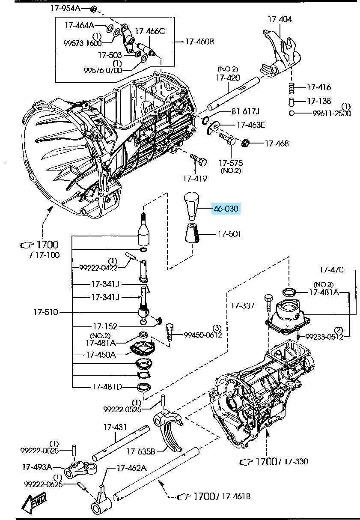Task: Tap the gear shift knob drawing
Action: click(191, 205)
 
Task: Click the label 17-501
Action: click(229, 234)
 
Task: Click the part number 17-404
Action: click(280, 19)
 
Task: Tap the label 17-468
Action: click(277, 143)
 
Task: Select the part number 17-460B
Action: click(199, 42)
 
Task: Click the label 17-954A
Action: click(65, 9)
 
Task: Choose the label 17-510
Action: click(46, 312)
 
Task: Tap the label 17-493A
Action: click(37, 466)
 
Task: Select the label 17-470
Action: click(331, 270)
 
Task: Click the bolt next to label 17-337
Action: click(268, 303)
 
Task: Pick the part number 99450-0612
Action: click(203, 335)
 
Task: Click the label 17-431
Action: click(115, 427)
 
